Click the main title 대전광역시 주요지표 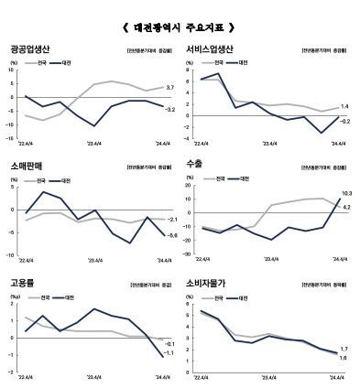pos(180,27)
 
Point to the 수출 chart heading pos(195,166)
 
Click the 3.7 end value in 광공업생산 pos(170,88)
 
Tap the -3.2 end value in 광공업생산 pos(169,110)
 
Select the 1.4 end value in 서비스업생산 pos(344,107)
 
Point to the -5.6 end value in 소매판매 pos(170,236)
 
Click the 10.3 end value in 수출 pos(345,194)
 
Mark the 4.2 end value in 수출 pos(346,208)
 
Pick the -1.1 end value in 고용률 pos(169,353)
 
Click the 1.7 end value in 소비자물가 pos(344,350)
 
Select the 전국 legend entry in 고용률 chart pos(45,298)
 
